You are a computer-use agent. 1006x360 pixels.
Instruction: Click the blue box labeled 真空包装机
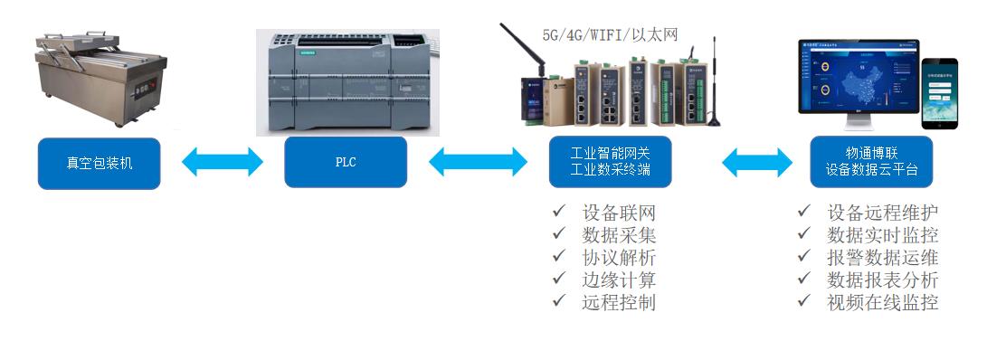(100, 163)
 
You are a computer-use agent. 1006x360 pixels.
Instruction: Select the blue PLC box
(346, 163)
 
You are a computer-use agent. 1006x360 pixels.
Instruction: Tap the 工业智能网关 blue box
(610, 162)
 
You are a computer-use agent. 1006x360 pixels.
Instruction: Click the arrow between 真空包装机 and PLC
(223, 163)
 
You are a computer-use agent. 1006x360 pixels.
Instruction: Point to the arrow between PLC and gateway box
(478, 163)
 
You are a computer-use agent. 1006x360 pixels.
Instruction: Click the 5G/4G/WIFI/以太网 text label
(610, 34)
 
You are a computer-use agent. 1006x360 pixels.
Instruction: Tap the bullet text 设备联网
(619, 213)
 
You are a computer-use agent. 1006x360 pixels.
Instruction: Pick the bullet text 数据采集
(619, 235)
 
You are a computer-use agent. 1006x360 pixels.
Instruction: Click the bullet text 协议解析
(619, 258)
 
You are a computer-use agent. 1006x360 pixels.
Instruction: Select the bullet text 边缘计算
(619, 280)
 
